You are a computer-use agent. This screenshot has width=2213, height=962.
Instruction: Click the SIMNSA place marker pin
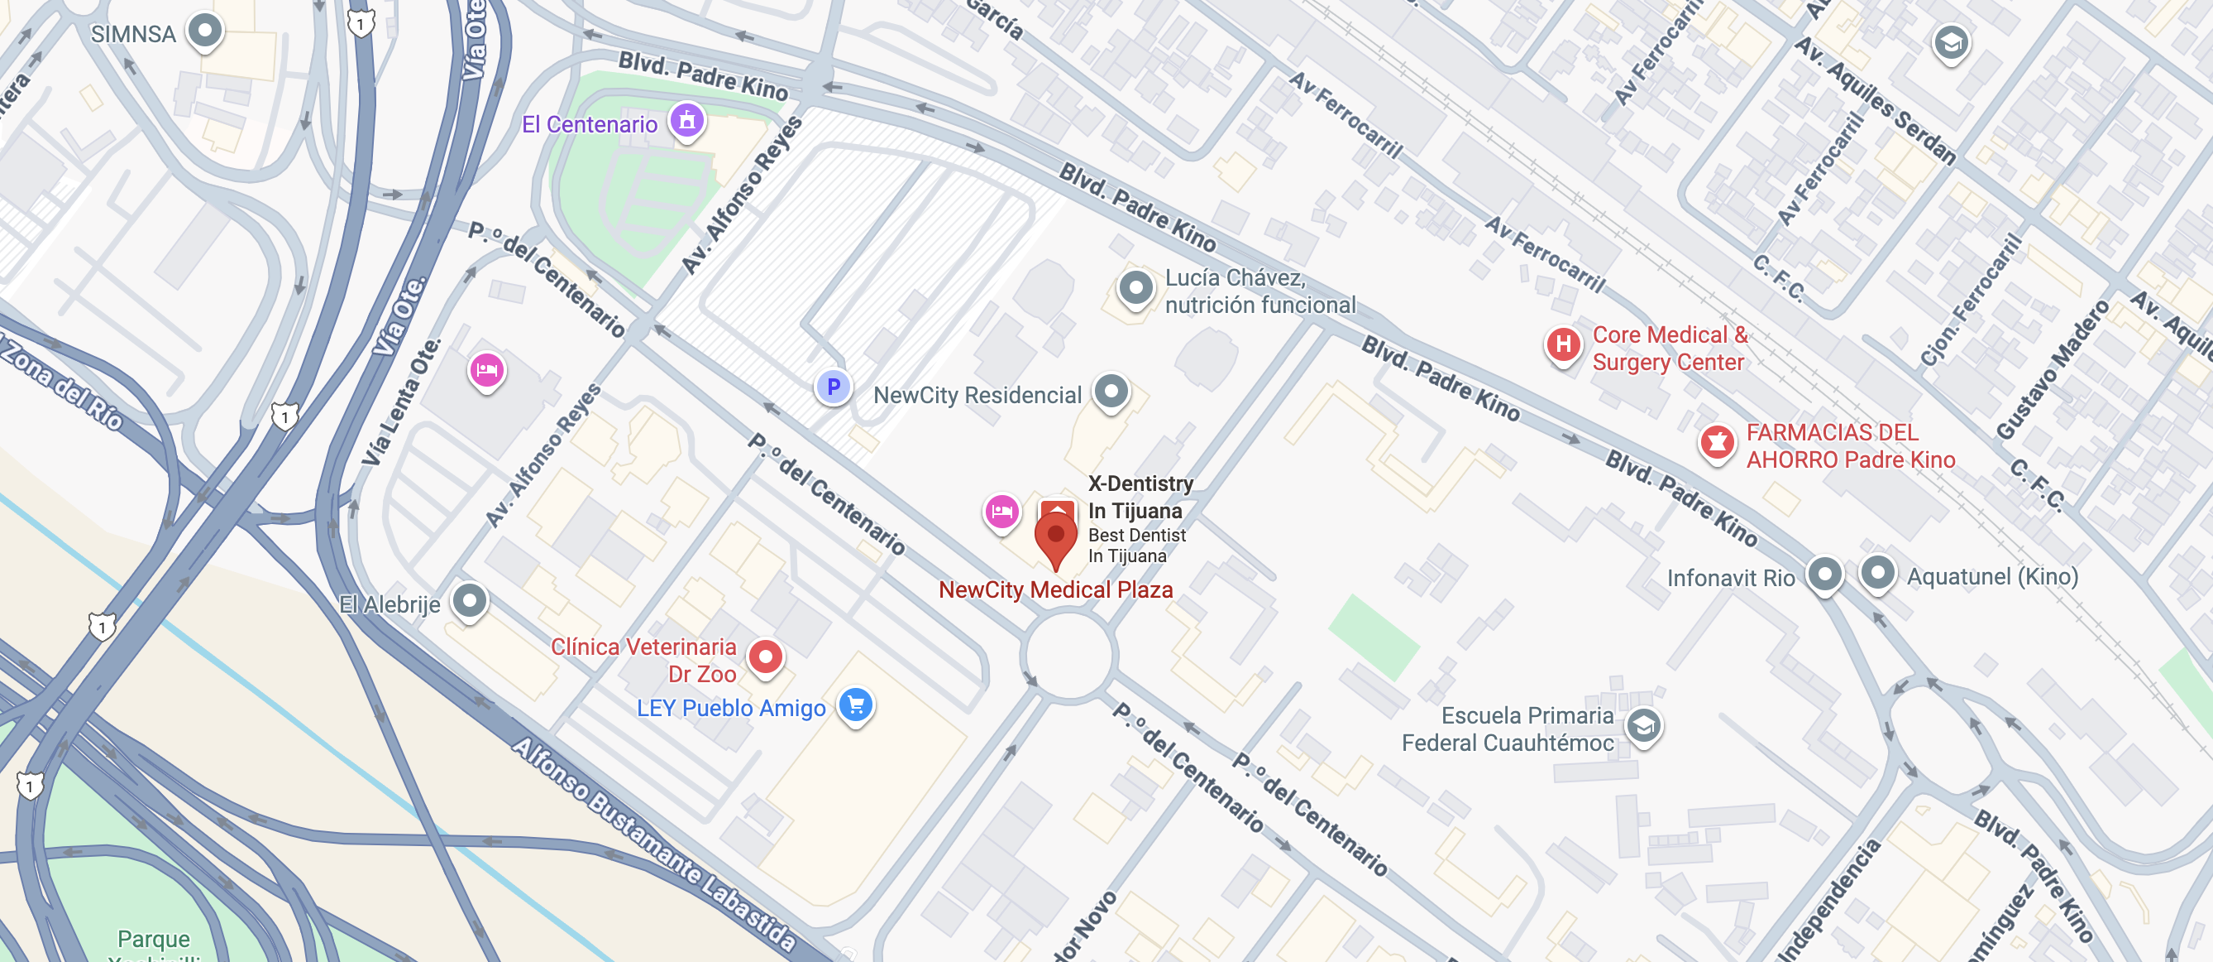[204, 31]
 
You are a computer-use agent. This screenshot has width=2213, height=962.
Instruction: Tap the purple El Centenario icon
[686, 120]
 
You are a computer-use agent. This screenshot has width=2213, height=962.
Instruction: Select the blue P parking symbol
[833, 387]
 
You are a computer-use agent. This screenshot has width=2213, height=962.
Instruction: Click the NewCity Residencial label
[977, 396]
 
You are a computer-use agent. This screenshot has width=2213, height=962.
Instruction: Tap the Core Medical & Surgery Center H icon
[1563, 344]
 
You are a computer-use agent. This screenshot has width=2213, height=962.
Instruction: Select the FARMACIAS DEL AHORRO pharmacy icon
[1717, 443]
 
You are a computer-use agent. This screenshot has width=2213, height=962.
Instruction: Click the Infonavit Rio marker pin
[1824, 574]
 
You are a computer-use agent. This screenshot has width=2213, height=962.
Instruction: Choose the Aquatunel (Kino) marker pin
[1877, 572]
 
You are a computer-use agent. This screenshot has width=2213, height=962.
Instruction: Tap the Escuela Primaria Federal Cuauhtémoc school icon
[1642, 726]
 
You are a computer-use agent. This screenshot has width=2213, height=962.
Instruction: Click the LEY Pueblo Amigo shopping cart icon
[856, 706]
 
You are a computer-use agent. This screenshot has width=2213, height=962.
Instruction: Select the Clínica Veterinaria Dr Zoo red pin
[765, 657]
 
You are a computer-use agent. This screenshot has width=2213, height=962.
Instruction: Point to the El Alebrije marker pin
[469, 599]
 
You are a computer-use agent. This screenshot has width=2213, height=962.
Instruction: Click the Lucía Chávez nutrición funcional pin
[1135, 288]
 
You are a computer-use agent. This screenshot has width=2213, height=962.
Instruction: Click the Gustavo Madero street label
[2052, 371]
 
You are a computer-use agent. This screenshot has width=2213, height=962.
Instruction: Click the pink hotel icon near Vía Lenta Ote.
[486, 371]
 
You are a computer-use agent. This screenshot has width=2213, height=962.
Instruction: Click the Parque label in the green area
[154, 938]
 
